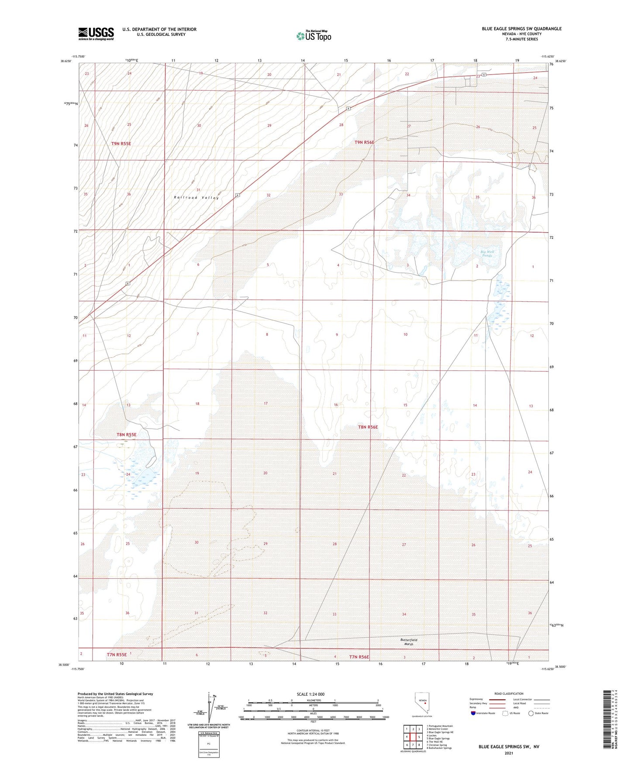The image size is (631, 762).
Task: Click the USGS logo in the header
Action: (x=96, y=34)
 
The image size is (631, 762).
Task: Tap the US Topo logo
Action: (x=314, y=36)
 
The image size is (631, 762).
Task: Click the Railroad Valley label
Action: (x=196, y=198)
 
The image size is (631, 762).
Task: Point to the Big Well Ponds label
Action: (x=487, y=253)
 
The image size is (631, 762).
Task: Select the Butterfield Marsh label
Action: (x=409, y=642)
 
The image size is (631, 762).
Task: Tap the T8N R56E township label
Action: (x=368, y=427)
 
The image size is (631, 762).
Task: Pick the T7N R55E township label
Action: (x=117, y=655)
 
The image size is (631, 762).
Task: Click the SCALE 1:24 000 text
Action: (x=310, y=694)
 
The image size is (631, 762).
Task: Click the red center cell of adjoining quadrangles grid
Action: (x=413, y=737)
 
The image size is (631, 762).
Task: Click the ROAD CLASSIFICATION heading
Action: (x=509, y=693)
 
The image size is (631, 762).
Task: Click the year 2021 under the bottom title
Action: (x=508, y=753)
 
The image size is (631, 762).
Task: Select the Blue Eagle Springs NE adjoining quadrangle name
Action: (x=440, y=732)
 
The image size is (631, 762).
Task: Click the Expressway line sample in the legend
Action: (x=493, y=699)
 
